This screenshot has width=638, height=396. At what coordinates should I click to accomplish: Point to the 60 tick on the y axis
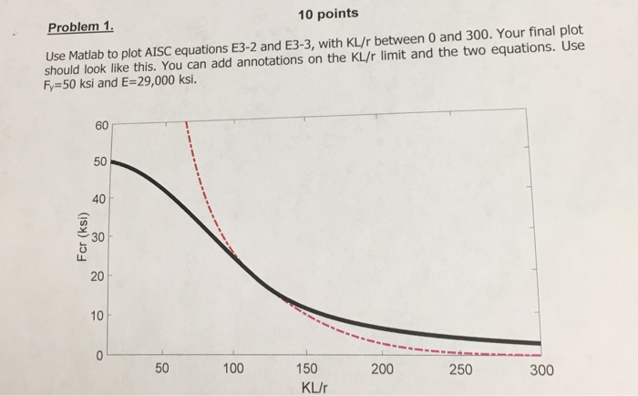[x=99, y=125]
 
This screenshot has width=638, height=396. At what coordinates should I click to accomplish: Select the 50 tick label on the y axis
[x=99, y=162]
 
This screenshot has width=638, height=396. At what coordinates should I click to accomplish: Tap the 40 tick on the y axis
[x=99, y=198]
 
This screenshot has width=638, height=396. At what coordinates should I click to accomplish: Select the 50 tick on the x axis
[x=161, y=369]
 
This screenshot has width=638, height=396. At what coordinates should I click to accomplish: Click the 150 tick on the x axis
[x=306, y=369]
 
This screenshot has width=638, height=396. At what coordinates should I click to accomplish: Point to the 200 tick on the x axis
[x=382, y=369]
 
